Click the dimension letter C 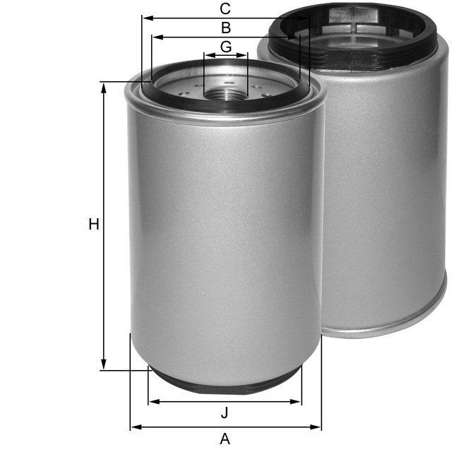(225, 8)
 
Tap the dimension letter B (225, 28)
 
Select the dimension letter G (225, 47)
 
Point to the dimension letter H (93, 225)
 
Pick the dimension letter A (225, 439)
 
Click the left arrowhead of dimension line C (145, 18)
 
